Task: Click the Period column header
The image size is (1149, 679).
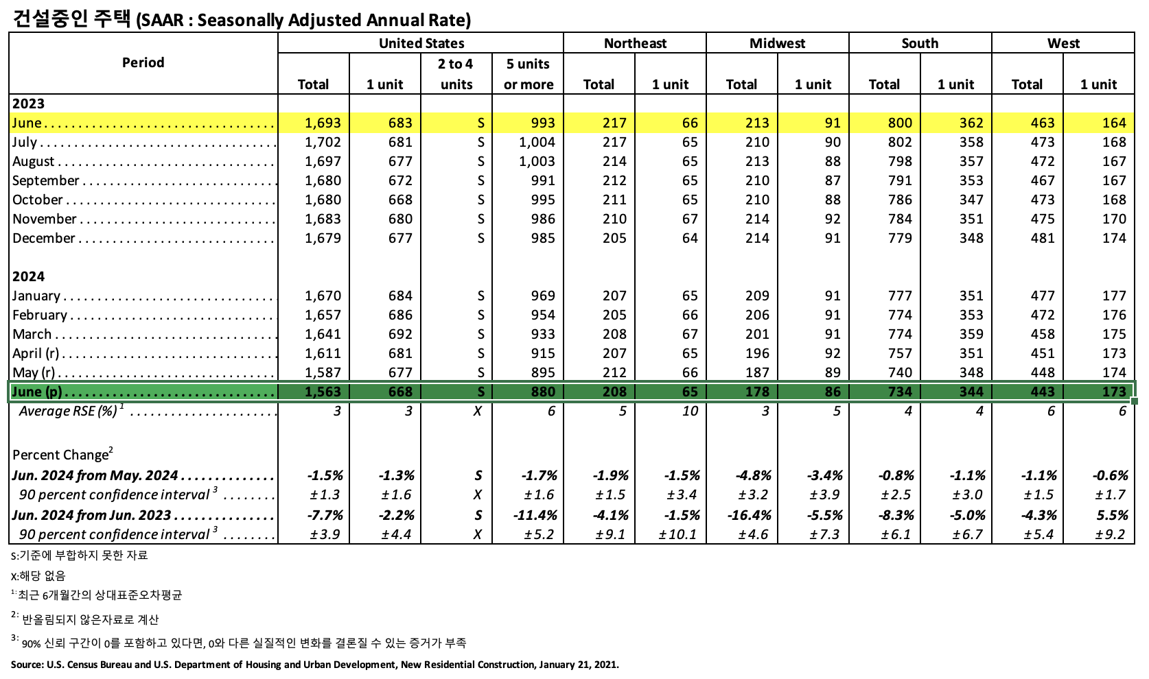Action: pos(143,62)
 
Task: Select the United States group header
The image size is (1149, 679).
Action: pos(421,43)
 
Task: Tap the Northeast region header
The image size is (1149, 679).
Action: pos(635,43)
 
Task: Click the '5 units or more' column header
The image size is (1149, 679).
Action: pos(528,74)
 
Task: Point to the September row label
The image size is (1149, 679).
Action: pos(46,180)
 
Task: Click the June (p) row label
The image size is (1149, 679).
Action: pos(37,392)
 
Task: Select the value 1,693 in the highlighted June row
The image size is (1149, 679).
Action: pos(323,123)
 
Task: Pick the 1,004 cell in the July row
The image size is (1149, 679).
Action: pos(537,142)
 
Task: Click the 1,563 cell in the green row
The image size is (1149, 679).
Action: pos(323,392)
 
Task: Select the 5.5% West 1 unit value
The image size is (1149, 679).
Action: pos(1112,515)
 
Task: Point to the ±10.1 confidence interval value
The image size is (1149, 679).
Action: pos(677,534)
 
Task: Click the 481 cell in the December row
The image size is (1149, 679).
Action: pos(1043,238)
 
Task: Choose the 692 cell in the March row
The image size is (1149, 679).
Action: pos(400,334)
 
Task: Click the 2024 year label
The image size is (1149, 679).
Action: pos(28,276)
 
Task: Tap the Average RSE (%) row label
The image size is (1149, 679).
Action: pos(68,411)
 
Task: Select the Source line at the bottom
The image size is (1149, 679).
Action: pos(314,665)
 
